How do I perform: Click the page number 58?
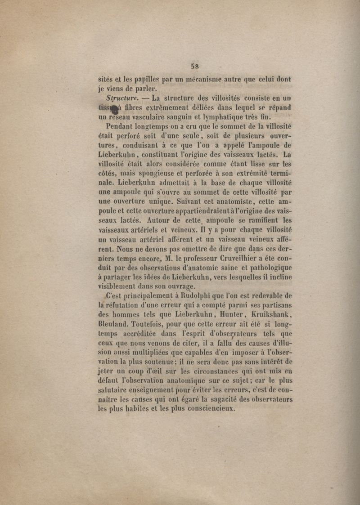195,66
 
